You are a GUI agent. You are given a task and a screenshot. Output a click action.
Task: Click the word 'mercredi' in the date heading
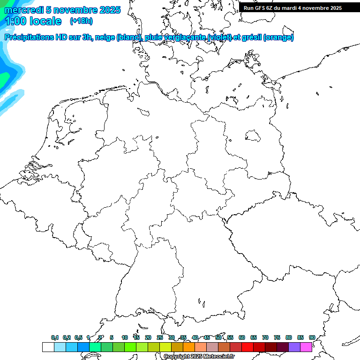(23, 10)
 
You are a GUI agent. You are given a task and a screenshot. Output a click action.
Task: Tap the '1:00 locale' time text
(33, 21)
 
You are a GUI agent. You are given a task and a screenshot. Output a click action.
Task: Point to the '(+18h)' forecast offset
(81, 21)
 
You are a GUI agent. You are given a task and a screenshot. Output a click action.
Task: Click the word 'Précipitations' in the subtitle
(29, 37)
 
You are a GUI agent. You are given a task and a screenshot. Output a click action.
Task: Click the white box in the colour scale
(48, 347)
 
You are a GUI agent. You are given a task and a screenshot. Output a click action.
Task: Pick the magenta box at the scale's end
(306, 347)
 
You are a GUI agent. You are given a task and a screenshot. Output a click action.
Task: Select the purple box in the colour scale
(294, 347)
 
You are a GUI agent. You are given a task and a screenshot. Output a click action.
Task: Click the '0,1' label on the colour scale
(55, 338)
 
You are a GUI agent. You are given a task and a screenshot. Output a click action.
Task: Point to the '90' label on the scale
(312, 338)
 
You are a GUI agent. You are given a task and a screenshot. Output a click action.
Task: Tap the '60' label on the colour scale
(242, 338)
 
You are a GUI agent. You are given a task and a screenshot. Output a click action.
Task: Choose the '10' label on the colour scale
(125, 338)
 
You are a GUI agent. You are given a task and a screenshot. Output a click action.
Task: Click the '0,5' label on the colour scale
(78, 338)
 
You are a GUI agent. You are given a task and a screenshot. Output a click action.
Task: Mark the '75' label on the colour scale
(277, 338)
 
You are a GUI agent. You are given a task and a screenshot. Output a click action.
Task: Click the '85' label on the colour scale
(300, 338)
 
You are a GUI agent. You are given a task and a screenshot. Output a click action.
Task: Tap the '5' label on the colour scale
(112, 338)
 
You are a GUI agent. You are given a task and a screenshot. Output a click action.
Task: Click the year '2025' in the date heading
(110, 10)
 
